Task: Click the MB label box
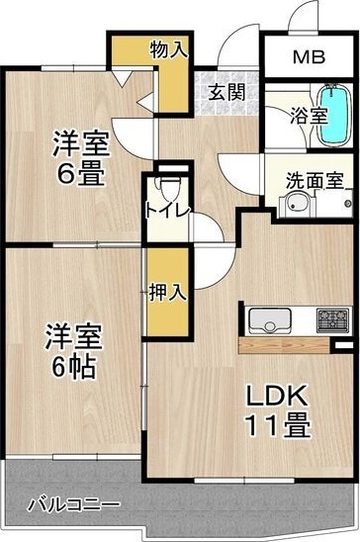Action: point(307,56)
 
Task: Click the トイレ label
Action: point(162,210)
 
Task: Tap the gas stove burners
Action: point(331,319)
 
